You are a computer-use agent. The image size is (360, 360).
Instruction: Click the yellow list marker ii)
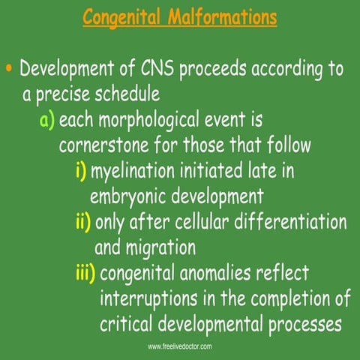click(83, 222)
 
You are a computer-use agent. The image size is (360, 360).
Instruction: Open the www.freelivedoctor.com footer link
click(180, 346)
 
